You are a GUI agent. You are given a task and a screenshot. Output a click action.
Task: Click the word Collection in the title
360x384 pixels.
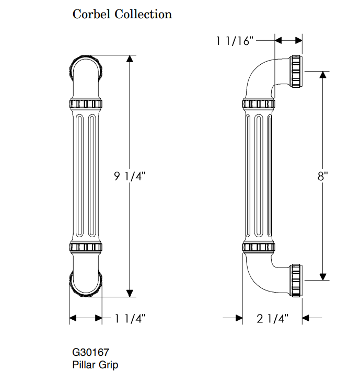pos(143,14)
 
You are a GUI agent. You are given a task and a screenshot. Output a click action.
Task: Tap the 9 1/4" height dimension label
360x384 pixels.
pos(130,176)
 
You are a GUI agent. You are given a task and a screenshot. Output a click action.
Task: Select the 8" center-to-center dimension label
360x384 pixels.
pos(322,176)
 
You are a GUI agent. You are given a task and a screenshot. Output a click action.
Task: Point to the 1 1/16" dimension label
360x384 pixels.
pos(235,41)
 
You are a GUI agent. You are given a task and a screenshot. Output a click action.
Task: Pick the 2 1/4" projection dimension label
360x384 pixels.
pos(272,318)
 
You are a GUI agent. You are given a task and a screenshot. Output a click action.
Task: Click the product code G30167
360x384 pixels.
pos(90,353)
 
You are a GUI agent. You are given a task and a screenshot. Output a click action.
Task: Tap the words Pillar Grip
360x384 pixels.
pos(95,364)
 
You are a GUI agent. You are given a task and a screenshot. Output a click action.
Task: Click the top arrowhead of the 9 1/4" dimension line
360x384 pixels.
pos(130,59)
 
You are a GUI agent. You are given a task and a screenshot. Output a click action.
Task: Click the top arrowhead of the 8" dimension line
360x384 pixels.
pos(322,74)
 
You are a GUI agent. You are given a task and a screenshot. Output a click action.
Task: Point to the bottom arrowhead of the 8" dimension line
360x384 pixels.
pos(322,276)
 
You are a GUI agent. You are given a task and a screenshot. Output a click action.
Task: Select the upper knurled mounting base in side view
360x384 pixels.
pos(297,71)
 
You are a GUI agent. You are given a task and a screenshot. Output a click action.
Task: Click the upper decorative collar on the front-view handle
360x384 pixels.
pos(86,103)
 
